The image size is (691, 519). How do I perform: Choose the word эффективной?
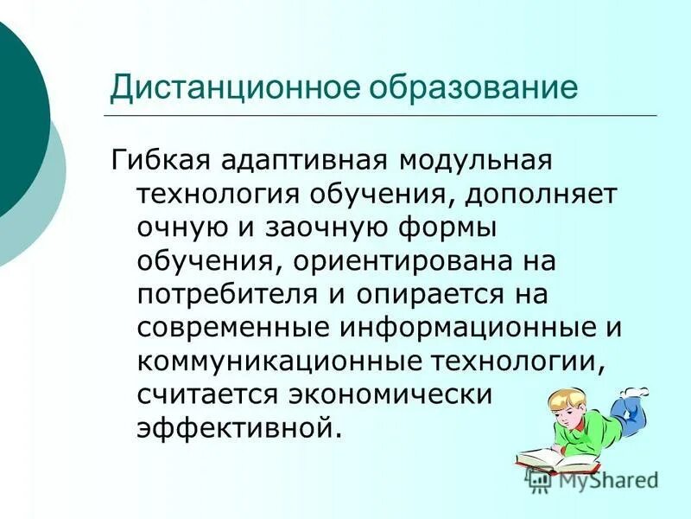pos(233,427)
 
